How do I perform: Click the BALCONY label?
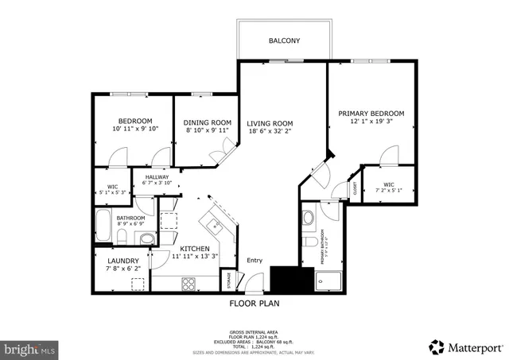coord(284,40)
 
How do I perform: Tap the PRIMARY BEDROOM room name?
coord(371,114)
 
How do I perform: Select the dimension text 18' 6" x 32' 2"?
coord(270,133)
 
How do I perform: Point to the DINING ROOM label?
coord(202,122)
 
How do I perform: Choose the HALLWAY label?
coord(157,177)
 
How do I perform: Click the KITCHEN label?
coord(195,249)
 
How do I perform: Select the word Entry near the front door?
coord(254,261)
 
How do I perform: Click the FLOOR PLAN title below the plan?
coord(254,303)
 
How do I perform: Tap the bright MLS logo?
coord(30,348)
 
